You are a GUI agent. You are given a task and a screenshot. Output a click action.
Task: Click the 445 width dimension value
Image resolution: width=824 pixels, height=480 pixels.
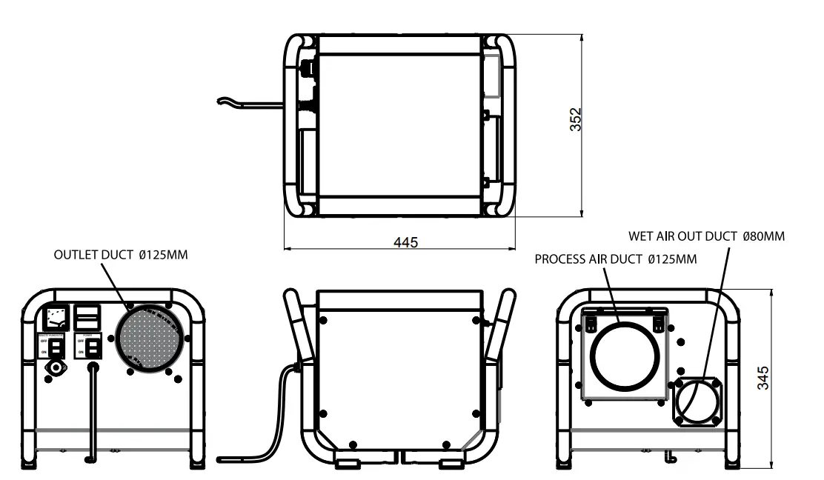pyautogui.click(x=406, y=242)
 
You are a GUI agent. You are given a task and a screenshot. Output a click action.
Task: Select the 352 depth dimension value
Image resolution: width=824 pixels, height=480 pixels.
pyautogui.click(x=575, y=120)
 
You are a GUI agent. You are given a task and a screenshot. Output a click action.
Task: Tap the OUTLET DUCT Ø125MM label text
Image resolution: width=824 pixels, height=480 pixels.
pyautogui.click(x=121, y=255)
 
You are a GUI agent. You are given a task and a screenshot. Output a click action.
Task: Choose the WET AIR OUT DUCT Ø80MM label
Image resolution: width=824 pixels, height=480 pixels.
pyautogui.click(x=706, y=236)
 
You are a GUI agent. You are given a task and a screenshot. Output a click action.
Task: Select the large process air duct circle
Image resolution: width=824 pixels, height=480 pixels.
pyautogui.click(x=623, y=355)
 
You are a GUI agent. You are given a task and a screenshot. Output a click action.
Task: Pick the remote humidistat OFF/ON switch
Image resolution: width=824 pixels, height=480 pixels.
pyautogui.click(x=55, y=347)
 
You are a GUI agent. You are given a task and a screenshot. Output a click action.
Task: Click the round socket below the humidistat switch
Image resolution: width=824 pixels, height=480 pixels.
pyautogui.click(x=54, y=367)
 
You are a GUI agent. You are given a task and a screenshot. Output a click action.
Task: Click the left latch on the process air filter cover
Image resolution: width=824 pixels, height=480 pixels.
pyautogui.click(x=591, y=321)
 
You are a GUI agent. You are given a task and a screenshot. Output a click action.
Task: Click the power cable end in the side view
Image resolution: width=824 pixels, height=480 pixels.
pyautogui.click(x=222, y=460)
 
